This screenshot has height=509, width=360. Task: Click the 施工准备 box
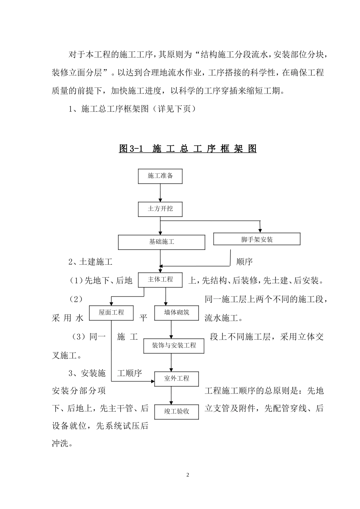[x=160, y=176]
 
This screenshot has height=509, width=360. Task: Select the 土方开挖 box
[x=160, y=209]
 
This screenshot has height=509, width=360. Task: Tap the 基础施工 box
[x=161, y=242]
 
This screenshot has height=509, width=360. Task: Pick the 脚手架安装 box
[x=257, y=239]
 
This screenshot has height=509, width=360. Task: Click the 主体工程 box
[x=160, y=279]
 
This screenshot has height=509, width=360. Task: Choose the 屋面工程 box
[x=111, y=312]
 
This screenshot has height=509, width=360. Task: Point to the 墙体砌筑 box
[x=177, y=312]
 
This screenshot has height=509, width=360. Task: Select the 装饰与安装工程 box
[x=174, y=345]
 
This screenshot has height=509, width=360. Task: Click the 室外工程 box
[x=177, y=378]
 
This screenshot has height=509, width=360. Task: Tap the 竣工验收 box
[x=177, y=411]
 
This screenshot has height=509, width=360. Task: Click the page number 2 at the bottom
[x=188, y=475]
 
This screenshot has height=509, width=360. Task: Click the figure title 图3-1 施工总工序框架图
[x=188, y=148]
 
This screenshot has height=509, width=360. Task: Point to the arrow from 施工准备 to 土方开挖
[x=160, y=193]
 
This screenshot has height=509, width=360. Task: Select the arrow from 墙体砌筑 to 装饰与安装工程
[x=172, y=329]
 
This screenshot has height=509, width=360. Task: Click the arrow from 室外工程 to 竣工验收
[x=172, y=395]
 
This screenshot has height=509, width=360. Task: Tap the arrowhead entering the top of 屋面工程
[x=111, y=303]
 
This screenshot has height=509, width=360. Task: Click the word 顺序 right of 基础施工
[x=244, y=262]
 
